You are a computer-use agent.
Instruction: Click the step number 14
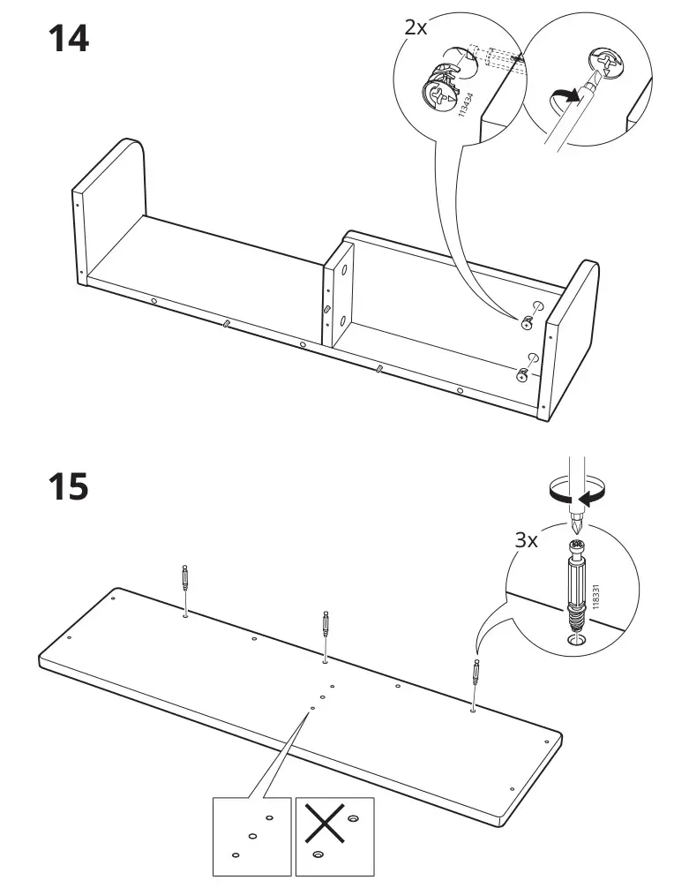coord(67,39)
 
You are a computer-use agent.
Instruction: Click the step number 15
coord(67,486)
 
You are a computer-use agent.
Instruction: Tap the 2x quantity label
coord(416,27)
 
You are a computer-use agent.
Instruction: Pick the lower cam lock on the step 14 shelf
coord(523,374)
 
